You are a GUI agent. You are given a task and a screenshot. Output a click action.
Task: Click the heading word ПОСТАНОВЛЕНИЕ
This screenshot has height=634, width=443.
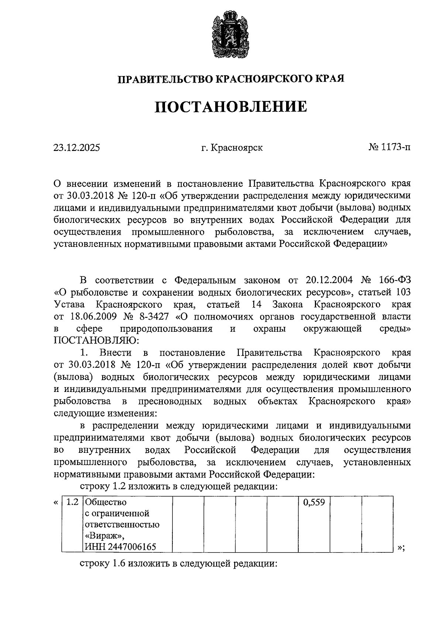tap(230, 107)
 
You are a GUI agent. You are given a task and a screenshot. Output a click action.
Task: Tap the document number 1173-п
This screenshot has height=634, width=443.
tap(395, 148)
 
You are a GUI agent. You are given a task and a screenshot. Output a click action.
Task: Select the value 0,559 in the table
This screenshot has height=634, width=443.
tap(314, 503)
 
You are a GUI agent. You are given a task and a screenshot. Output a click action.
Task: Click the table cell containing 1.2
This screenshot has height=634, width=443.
tap(73, 503)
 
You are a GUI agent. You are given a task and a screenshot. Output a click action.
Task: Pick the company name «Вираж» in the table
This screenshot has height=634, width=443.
tap(102, 535)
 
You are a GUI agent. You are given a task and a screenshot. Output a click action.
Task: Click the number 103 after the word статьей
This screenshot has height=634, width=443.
tap(402, 293)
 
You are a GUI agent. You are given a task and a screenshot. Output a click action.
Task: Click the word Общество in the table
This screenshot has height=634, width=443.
tap(106, 503)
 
